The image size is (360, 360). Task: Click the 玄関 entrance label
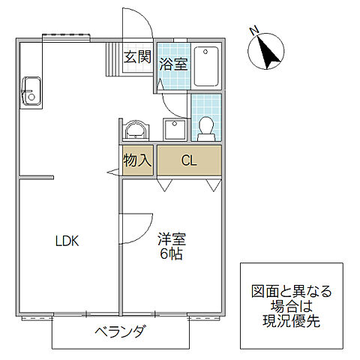coord(138,56)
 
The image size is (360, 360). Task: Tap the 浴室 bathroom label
coord(173,64)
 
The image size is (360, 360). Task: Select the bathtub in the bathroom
coord(206,67)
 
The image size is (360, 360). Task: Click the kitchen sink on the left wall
coord(31,91)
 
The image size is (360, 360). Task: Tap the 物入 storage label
coord(138,159)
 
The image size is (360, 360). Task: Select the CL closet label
coord(189,159)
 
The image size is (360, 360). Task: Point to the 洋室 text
coord(172,240)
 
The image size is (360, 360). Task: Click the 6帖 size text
coord(172,255)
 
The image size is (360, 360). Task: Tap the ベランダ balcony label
coord(120,332)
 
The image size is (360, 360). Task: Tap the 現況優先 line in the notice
coord(291,320)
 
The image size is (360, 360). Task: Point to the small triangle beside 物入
coord(112,173)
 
